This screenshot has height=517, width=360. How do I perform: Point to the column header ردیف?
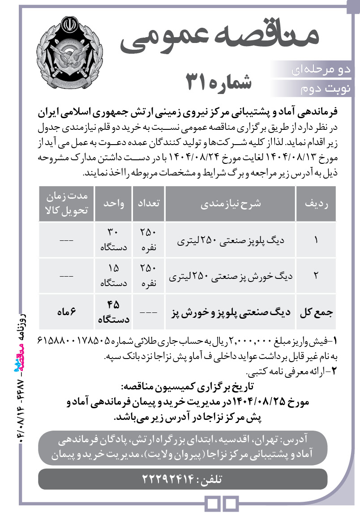pyautogui.click(x=316, y=203)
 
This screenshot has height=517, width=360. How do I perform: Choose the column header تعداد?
pyautogui.click(x=148, y=203)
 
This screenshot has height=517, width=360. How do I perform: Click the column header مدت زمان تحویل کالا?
pyautogui.click(x=66, y=203)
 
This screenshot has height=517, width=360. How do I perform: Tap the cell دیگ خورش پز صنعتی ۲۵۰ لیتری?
pyautogui.click(x=231, y=276)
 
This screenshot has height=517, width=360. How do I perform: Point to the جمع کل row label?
pyautogui.click(x=316, y=312)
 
